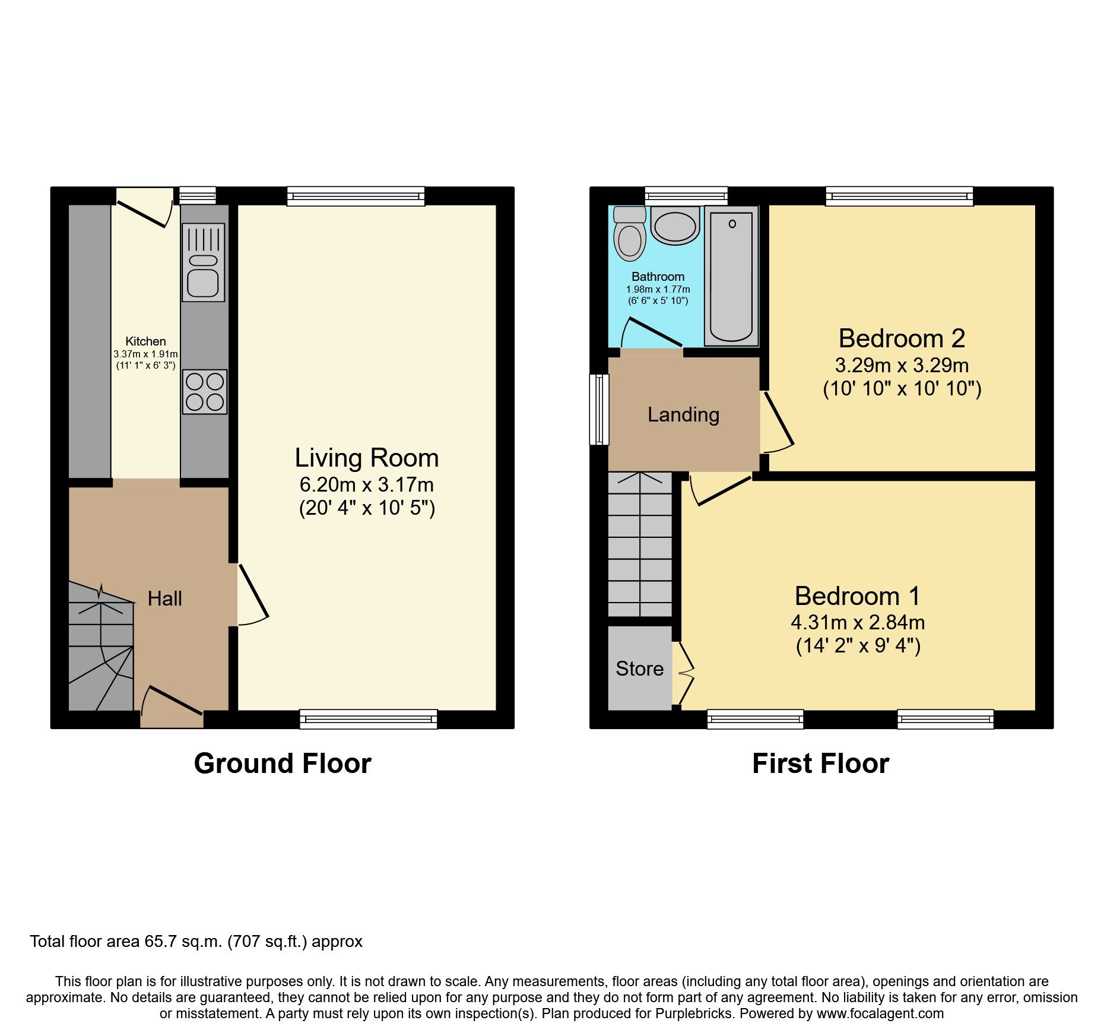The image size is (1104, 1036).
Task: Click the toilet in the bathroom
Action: (x=630, y=236)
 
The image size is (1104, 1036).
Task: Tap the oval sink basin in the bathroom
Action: (x=675, y=226)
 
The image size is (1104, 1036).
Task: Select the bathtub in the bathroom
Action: (x=731, y=277)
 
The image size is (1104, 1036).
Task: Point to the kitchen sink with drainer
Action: (x=204, y=262)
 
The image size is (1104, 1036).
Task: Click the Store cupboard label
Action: (x=639, y=669)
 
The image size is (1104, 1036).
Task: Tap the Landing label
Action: (x=683, y=414)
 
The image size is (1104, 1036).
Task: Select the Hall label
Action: (x=164, y=598)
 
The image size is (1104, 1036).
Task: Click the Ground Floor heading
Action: (x=283, y=763)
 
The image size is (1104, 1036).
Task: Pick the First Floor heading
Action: (x=820, y=763)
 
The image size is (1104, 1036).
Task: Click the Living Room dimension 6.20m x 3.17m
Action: (x=366, y=484)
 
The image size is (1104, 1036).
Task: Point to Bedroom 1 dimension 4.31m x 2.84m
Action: (x=858, y=622)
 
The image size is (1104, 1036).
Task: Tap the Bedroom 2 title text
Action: (x=902, y=338)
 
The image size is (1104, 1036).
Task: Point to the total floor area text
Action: (x=196, y=942)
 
